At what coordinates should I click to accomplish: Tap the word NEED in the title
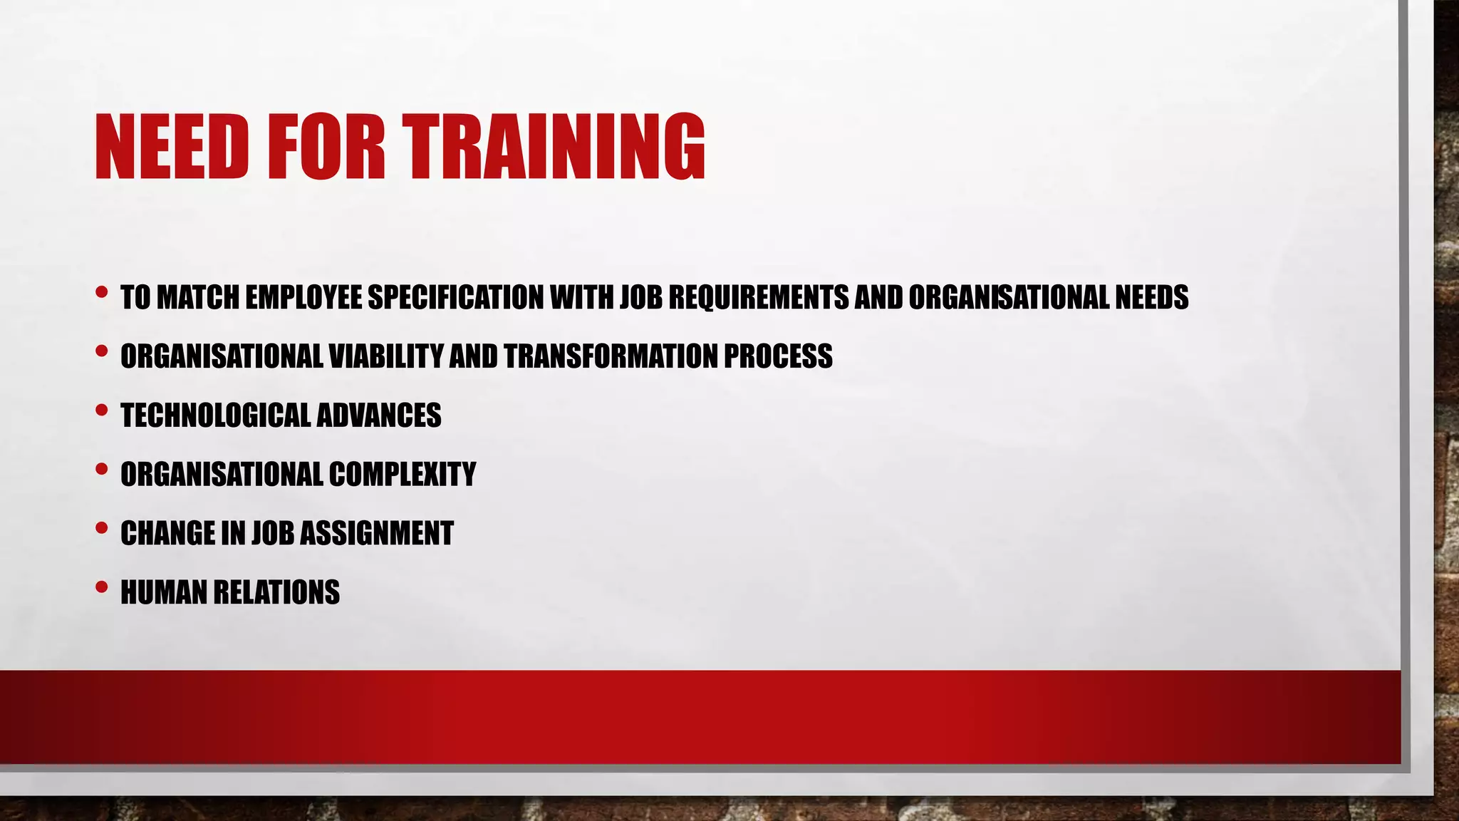(172, 147)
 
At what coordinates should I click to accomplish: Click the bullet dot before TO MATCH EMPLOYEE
(101, 291)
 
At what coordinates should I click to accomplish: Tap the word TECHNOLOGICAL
(214, 415)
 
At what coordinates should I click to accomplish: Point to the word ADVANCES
(378, 415)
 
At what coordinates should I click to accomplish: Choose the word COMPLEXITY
(402, 475)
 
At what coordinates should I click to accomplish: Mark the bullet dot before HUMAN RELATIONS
(101, 587)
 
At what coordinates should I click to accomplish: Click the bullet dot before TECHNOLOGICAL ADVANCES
(101, 410)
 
